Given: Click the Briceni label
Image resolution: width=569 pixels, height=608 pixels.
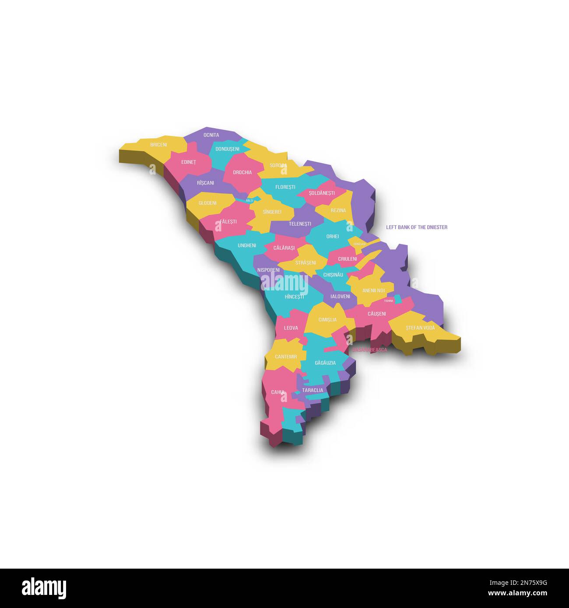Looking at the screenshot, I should [158, 145].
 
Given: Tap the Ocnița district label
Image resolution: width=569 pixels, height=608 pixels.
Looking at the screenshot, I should [211, 135].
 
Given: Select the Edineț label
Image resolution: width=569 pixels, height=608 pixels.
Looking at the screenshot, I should [189, 162].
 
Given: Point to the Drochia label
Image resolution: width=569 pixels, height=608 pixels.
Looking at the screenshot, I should [242, 172].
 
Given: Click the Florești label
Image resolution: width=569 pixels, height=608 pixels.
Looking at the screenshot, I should [285, 187].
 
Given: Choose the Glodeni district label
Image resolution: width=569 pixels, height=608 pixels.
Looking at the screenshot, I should [207, 203].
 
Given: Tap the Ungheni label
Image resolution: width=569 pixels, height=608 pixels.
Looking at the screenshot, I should [246, 246].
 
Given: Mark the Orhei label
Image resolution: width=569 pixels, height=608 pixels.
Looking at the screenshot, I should [333, 237].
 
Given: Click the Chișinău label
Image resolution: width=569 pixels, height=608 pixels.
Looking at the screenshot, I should [333, 275].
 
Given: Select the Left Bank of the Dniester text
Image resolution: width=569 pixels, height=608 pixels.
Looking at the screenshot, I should [416, 227].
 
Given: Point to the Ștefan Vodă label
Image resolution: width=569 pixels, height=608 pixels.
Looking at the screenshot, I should [420, 328].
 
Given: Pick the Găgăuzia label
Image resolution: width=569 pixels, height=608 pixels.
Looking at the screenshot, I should [325, 363].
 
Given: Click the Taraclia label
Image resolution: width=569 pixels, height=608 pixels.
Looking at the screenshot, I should [313, 390].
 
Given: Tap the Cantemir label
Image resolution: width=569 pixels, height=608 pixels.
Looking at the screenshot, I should [286, 357].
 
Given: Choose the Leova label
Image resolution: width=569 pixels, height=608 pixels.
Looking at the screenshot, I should [291, 328].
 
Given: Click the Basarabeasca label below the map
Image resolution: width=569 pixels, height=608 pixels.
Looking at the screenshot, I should [369, 350].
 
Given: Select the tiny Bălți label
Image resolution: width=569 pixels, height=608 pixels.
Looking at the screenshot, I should [249, 201].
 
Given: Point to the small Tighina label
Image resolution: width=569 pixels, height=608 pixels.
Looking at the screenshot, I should [389, 301].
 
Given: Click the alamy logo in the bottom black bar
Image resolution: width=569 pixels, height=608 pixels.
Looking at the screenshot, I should [44, 588].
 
